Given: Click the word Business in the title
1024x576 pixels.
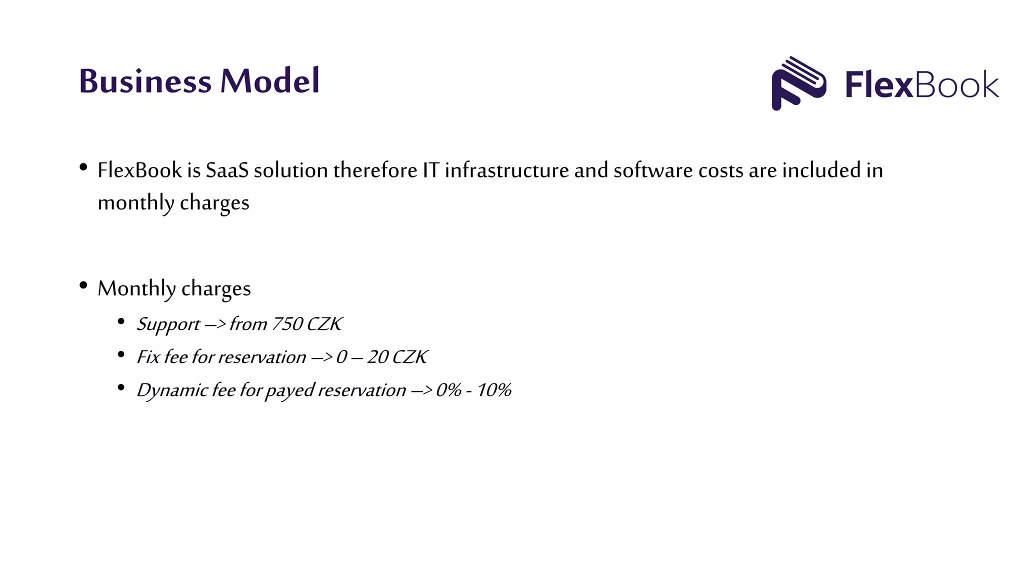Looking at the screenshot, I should pyautogui.click(x=145, y=81).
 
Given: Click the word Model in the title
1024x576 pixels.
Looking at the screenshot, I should pyautogui.click(x=269, y=81).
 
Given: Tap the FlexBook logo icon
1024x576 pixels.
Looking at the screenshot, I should pyautogui.click(x=798, y=83).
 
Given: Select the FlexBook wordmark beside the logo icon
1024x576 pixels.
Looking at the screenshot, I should pyautogui.click(x=921, y=84).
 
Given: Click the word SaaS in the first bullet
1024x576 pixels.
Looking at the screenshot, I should pyautogui.click(x=227, y=170).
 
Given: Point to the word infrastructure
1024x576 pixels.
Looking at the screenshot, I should pyautogui.click(x=506, y=170).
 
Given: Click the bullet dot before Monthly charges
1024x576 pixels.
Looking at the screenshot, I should pyautogui.click(x=83, y=285).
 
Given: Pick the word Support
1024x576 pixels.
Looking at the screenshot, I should pyautogui.click(x=168, y=324).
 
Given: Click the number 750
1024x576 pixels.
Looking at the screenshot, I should pyautogui.click(x=286, y=324).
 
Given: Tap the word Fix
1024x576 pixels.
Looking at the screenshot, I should pyautogui.click(x=148, y=357).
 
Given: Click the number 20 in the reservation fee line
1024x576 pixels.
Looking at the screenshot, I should pyautogui.click(x=377, y=357).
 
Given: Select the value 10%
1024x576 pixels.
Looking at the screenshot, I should pyautogui.click(x=494, y=390).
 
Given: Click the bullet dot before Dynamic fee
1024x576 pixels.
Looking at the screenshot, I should pyautogui.click(x=121, y=387).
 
